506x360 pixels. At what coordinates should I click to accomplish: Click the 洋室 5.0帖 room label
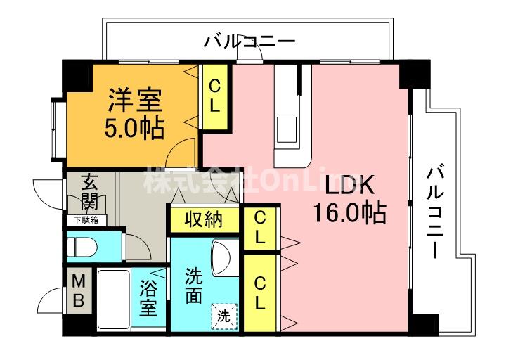(x=136, y=113)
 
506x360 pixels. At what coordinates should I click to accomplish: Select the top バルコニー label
(x=249, y=41)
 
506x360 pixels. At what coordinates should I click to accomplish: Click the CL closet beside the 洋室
(x=216, y=96)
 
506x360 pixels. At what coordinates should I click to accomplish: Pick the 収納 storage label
(x=203, y=219)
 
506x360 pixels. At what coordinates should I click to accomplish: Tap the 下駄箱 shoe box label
(x=88, y=220)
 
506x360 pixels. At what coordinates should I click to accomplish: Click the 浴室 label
(x=148, y=298)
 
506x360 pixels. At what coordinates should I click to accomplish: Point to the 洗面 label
(x=193, y=285)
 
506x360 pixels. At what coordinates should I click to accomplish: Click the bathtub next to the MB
(x=112, y=298)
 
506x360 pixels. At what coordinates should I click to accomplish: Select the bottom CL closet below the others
(x=259, y=293)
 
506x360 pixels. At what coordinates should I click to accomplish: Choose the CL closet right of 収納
(x=259, y=226)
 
